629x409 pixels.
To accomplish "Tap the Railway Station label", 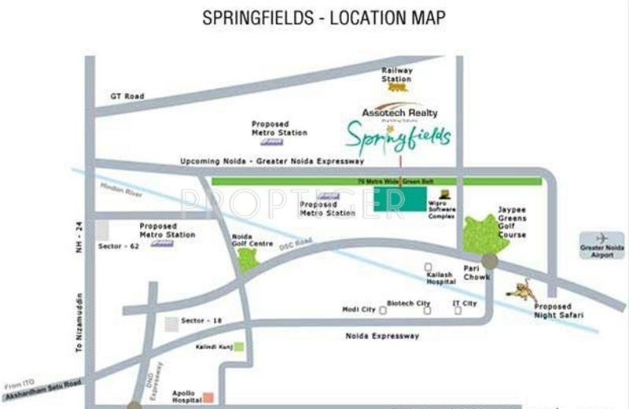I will coord(396,75).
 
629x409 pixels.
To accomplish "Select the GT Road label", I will coord(127,96).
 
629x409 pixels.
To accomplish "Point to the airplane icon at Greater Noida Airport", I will coord(602,238).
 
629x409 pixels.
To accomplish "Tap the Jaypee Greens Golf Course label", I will coord(512,223).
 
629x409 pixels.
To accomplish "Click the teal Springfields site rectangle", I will coord(399,199).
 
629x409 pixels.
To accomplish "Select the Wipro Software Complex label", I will coord(442,208).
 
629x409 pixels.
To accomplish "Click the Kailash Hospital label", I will coord(441,278).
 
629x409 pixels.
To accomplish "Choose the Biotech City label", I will coord(409,304).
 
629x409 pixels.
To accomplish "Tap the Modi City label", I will coord(359,309).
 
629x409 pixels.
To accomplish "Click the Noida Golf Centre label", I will coord(252,240).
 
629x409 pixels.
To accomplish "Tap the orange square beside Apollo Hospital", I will coord(208,396).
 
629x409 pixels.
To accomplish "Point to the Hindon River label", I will coord(116,190).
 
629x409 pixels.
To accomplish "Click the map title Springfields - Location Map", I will coord(314,17).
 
